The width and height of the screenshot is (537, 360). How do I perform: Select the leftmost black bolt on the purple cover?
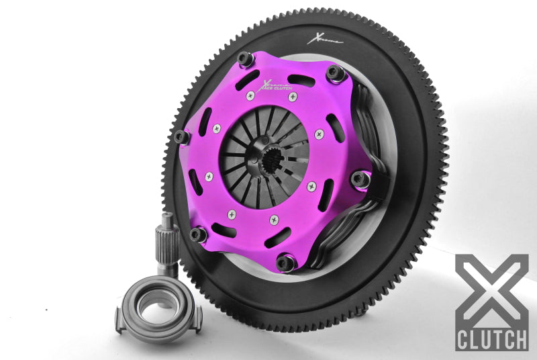pyautogui.click(x=182, y=137)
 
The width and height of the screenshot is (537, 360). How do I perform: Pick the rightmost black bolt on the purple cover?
pyautogui.click(x=360, y=179)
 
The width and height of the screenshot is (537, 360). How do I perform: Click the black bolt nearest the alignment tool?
pyautogui.click(x=197, y=234)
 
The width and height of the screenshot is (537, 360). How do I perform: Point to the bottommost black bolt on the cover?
pyautogui.click(x=286, y=263)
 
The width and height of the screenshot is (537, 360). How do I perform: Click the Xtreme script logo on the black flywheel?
pyautogui.click(x=325, y=38)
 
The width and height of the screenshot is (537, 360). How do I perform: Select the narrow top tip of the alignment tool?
pyautogui.click(x=166, y=218)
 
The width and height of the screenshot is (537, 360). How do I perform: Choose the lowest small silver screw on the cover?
pyautogui.click(x=273, y=219)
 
